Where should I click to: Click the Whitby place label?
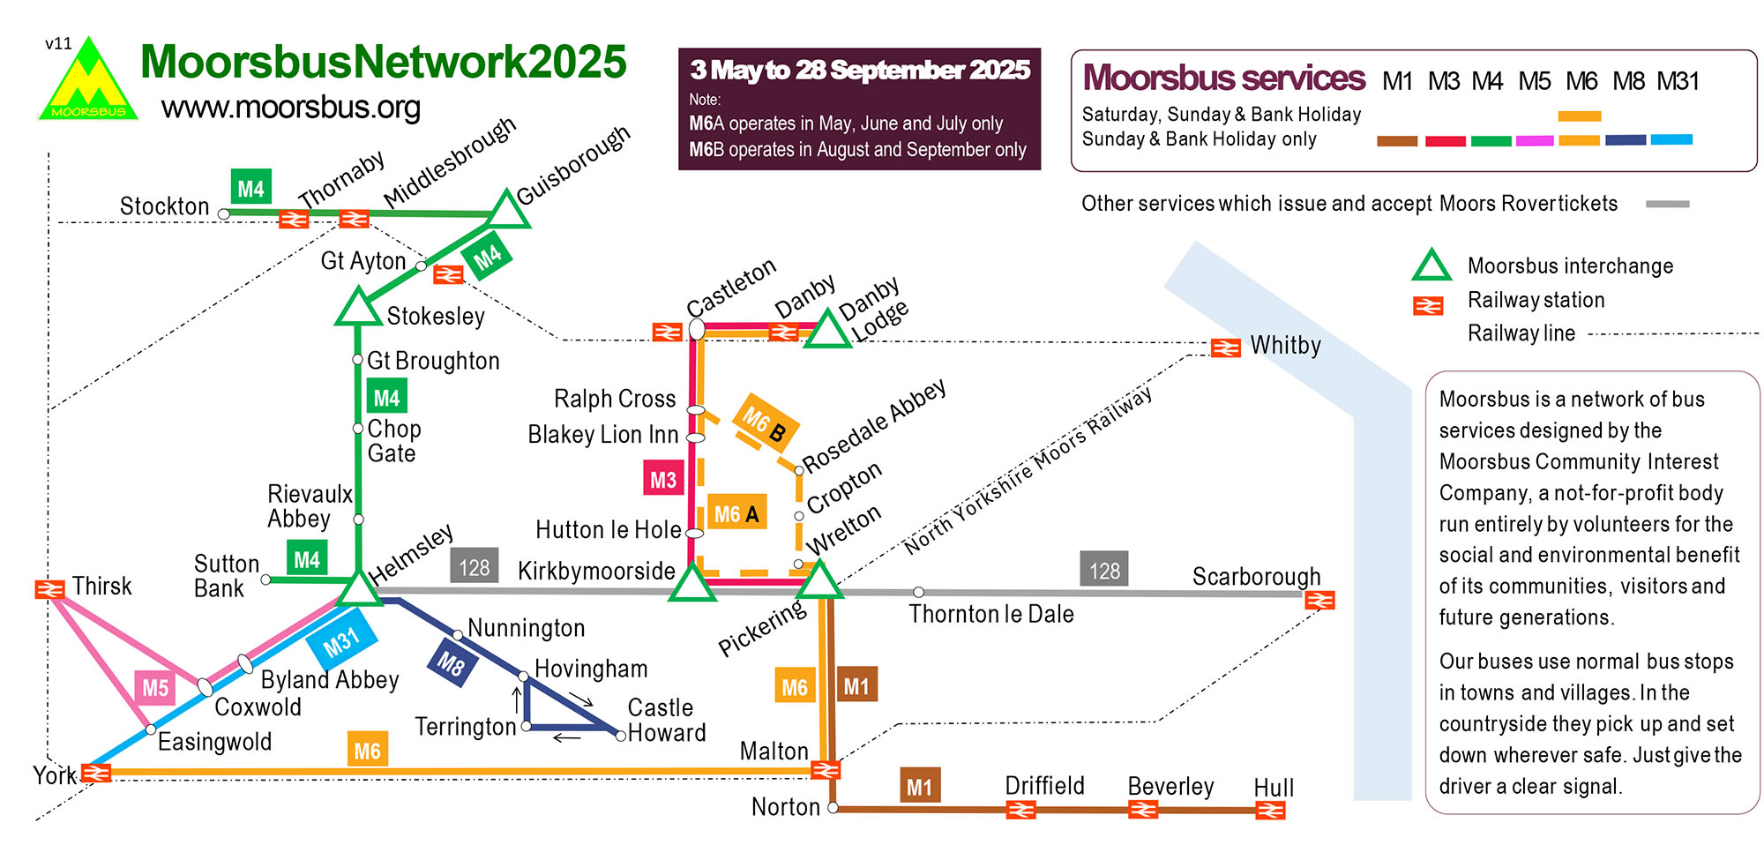click(x=1285, y=345)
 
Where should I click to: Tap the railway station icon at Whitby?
click(x=1225, y=348)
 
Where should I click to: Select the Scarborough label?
click(x=1256, y=576)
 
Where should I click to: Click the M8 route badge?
click(x=451, y=663)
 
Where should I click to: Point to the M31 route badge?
click(x=341, y=642)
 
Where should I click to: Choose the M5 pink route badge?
click(x=155, y=687)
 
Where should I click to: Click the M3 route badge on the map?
click(x=662, y=479)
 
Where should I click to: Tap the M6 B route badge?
click(x=765, y=422)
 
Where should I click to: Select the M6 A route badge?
click(x=736, y=513)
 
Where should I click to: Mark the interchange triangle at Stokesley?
click(x=357, y=309)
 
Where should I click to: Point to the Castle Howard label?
click(x=666, y=720)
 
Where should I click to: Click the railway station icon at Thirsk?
click(x=49, y=588)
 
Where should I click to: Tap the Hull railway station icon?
click(x=1270, y=810)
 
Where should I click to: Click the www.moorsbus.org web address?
click(x=291, y=108)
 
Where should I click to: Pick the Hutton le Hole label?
click(x=608, y=529)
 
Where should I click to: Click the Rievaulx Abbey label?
click(x=310, y=505)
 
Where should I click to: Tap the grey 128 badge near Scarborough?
click(x=1104, y=571)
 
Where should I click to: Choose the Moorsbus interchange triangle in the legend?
click(x=1431, y=265)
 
